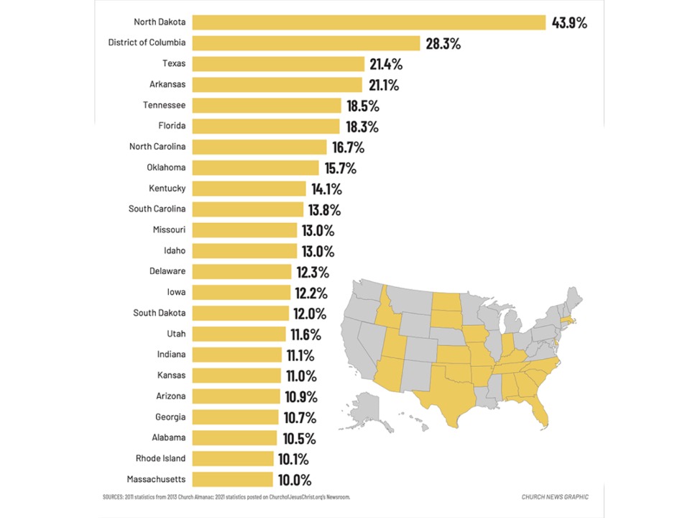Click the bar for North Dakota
tap(369, 22)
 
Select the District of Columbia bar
tap(305, 43)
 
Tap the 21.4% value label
tap(386, 64)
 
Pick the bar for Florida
tap(265, 127)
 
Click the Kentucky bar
tap(249, 188)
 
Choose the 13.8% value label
tap(325, 210)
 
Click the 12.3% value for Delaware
tap(313, 272)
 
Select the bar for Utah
tap(239, 334)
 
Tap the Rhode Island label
tap(160, 458)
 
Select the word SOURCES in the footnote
tap(115, 497)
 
